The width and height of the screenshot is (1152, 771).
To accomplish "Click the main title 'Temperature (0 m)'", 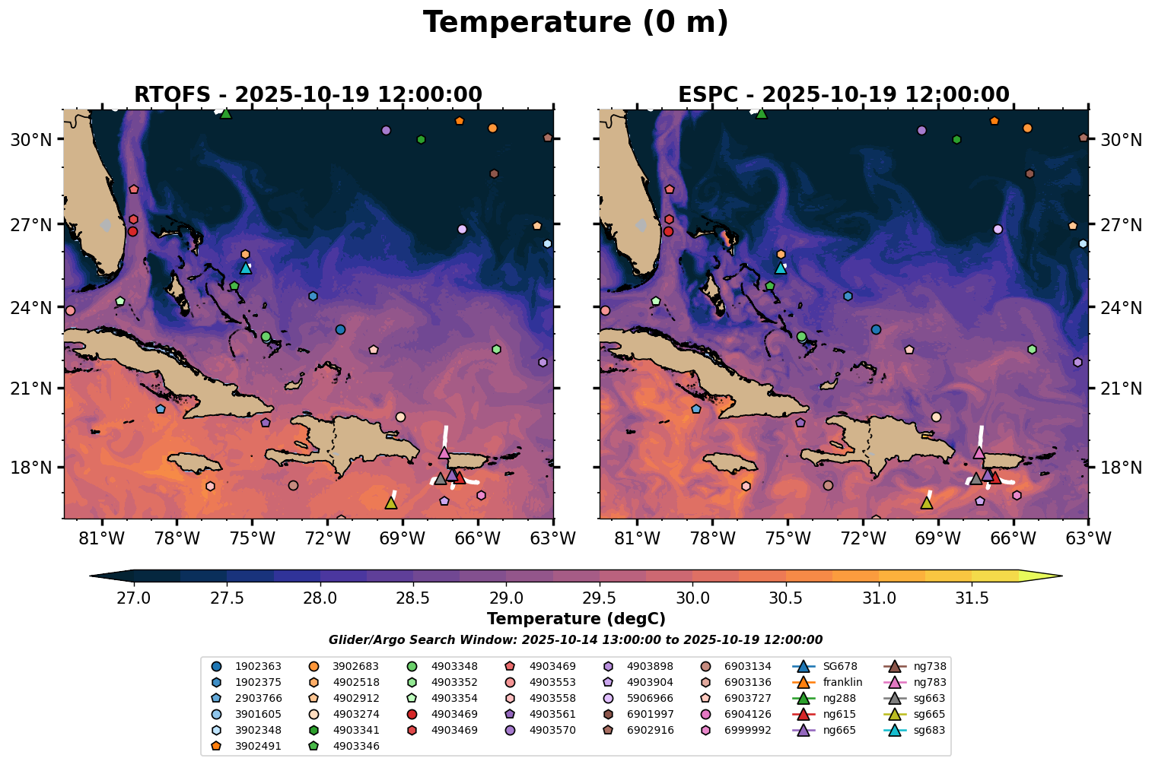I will [x=575, y=23].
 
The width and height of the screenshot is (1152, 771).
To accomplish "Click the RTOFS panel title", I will [x=308, y=95].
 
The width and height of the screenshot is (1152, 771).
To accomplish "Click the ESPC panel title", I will [x=844, y=95].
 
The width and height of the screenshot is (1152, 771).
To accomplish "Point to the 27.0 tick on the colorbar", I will [x=133, y=598].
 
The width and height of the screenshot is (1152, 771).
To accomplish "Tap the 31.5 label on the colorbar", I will [x=972, y=598].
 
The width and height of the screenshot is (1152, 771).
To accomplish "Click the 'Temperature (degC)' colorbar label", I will [x=575, y=619].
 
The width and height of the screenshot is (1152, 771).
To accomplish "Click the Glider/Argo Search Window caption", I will [x=575, y=640].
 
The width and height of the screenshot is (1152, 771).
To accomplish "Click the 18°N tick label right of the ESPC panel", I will [x=1121, y=468].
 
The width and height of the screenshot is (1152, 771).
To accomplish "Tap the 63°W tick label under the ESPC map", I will [x=1088, y=539].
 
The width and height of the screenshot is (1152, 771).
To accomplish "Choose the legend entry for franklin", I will [x=842, y=682].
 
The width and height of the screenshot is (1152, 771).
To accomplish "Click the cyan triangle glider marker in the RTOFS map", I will [x=246, y=268].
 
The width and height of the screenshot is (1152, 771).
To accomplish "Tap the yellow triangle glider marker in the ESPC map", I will [x=927, y=503].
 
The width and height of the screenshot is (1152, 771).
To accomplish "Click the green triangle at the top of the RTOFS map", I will [x=225, y=113].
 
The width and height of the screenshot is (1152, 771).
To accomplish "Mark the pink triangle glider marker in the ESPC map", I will [x=979, y=452].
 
